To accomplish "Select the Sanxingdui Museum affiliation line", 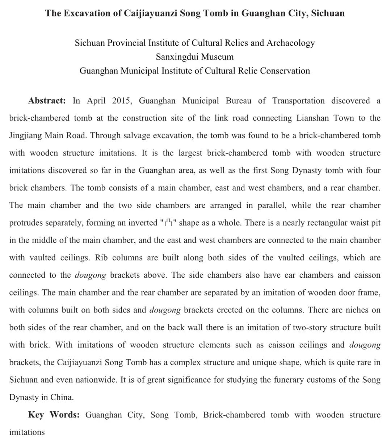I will (195, 57).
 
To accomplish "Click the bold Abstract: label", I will (47, 101).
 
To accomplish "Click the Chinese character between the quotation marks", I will (168, 223).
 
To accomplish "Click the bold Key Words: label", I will (54, 415).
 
